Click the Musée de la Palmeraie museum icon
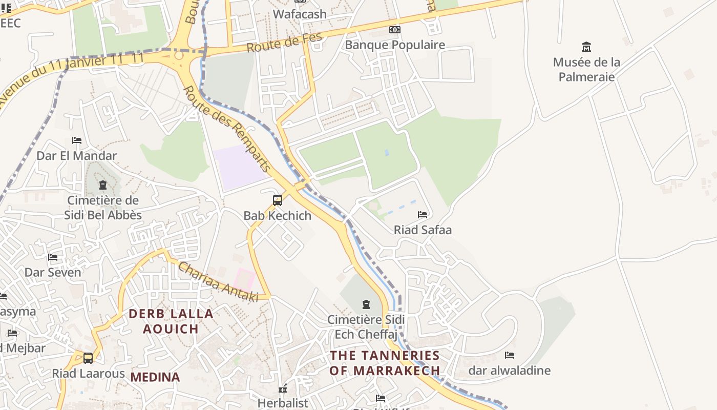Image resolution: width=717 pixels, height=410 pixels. coord(586,47)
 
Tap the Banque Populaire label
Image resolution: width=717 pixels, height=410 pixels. coord(395,45)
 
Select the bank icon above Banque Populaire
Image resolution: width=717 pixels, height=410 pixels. coord(394,30)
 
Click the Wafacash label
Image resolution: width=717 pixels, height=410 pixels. coord(300,14)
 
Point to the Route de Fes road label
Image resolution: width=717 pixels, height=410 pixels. coord(284,42)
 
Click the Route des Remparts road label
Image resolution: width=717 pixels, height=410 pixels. coord(226,129)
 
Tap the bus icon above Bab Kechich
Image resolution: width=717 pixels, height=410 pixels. coord(278,200)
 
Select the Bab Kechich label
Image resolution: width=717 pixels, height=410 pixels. coord(278,216)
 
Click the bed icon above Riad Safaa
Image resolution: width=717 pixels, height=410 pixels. coord(423,215)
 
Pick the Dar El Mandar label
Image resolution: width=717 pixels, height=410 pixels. coord(77,155)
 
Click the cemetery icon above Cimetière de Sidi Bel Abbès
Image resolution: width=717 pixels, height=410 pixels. coord(103,185)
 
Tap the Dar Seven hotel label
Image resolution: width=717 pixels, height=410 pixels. coord(53,272)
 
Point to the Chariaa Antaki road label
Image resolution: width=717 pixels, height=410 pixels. coord(218,282)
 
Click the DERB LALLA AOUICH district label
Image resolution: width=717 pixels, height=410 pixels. coord(171,321)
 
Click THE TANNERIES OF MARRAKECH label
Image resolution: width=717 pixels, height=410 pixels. coord(385,363)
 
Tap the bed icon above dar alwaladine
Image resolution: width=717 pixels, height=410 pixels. coord(510,355)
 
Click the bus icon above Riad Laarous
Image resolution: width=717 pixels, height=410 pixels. coord(88,358)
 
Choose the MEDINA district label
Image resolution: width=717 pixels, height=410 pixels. coord(155,378)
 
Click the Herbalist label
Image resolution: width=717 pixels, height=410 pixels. coord(283,403)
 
